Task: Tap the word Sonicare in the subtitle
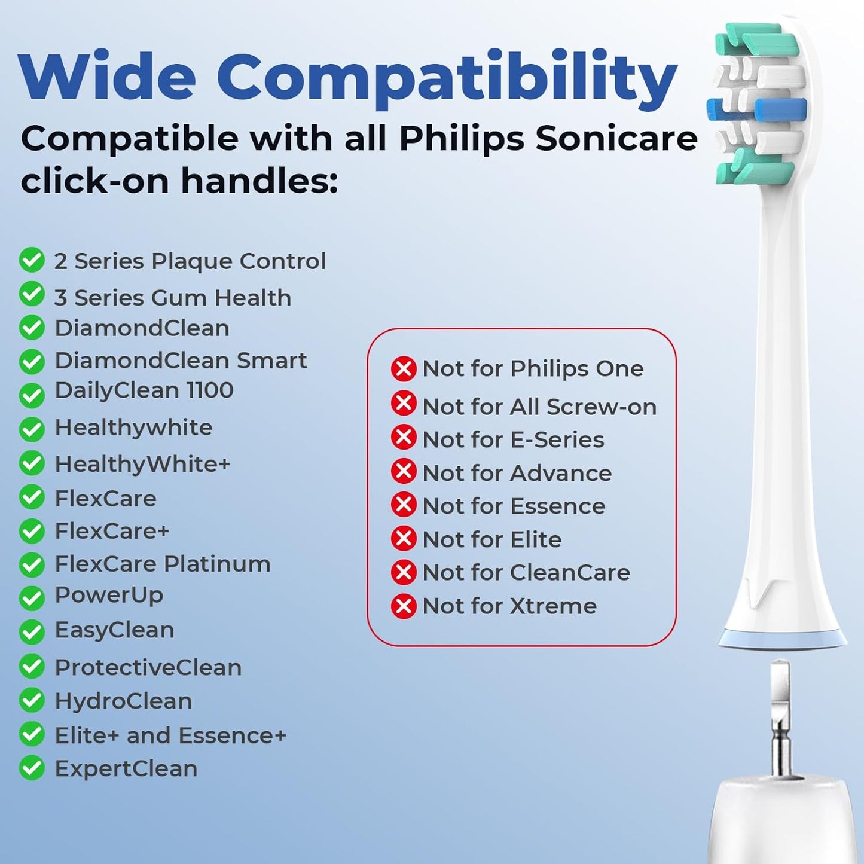(616, 139)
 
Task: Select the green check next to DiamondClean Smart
(32, 362)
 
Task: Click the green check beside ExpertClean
(32, 768)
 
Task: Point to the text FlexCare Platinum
(162, 564)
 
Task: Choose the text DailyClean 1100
(144, 390)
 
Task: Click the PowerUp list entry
(109, 596)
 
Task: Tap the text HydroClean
(123, 701)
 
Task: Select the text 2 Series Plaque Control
(190, 261)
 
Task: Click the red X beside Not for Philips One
(404, 369)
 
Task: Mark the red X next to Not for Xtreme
(404, 606)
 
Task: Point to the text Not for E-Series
(513, 440)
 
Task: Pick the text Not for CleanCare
(526, 573)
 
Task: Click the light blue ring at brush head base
(782, 639)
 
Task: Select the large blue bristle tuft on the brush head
(780, 111)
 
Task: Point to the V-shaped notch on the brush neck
(760, 592)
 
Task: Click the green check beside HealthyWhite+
(32, 464)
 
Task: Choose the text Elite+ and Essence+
(170, 735)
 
